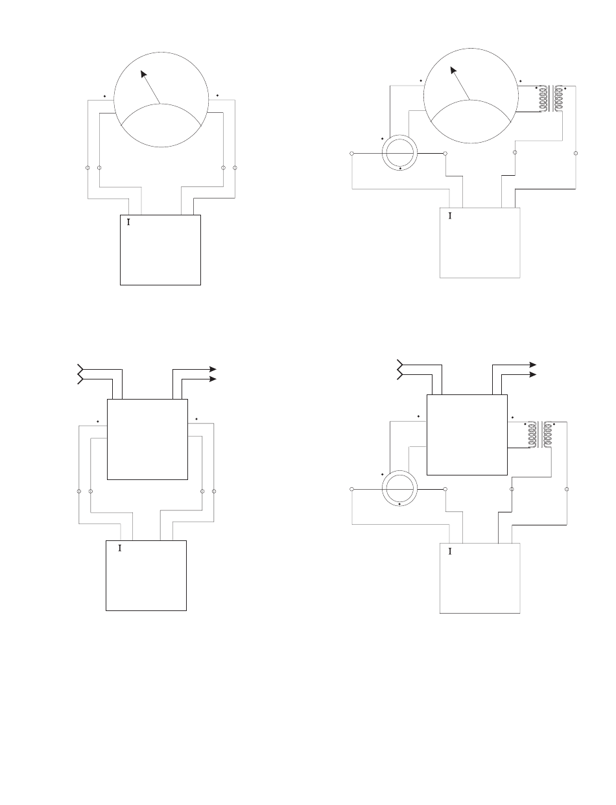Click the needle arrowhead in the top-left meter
pyautogui.click(x=144, y=74)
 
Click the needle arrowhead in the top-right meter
pyautogui.click(x=453, y=71)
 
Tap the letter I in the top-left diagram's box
pyautogui.click(x=128, y=222)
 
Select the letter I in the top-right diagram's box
pyautogui.click(x=450, y=215)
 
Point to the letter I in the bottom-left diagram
pyautogui.click(x=119, y=548)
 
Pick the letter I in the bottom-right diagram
pyautogui.click(x=450, y=551)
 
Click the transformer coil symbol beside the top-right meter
pyautogui.click(x=551, y=99)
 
